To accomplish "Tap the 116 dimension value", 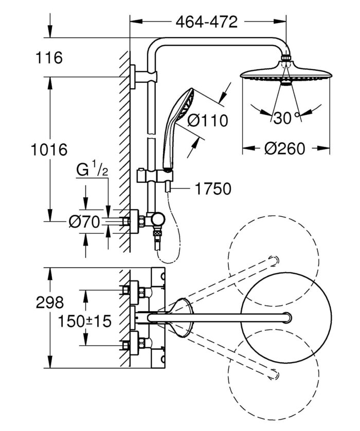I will [49, 58].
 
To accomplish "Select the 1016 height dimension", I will [49, 150].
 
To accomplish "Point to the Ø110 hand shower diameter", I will [207, 121].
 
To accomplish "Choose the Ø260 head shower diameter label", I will [285, 149].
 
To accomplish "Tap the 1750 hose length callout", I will [213, 189].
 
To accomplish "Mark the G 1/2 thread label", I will [92, 170].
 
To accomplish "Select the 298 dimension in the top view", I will [49, 302].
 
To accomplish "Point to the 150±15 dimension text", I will [84, 322].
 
